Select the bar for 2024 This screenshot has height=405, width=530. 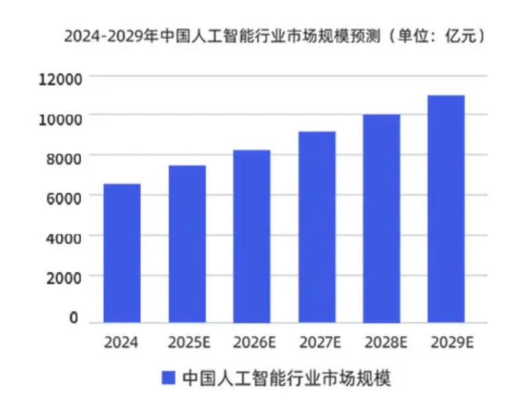click(x=122, y=253)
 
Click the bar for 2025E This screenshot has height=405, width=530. click(x=187, y=243)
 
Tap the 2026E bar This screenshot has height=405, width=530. click(x=251, y=236)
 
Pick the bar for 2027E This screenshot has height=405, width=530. click(x=317, y=227)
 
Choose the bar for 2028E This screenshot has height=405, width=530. click(x=381, y=218)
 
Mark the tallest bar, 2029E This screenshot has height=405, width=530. click(x=446, y=208)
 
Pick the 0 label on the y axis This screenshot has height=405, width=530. click(x=73, y=319)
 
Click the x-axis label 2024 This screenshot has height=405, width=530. click(x=121, y=343)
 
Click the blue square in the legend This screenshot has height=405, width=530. click(x=169, y=378)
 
